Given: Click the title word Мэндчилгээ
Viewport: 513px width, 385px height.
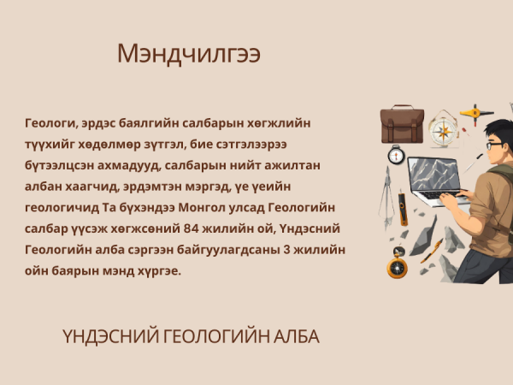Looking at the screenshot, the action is coord(189,54).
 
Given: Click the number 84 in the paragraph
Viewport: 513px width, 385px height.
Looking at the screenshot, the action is coord(191,228).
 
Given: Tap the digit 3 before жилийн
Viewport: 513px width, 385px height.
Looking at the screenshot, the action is coord(286,250).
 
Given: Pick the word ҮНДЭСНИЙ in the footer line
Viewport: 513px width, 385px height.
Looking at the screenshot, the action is coord(110,336).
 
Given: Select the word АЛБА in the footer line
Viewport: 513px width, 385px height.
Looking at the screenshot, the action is coord(296,336).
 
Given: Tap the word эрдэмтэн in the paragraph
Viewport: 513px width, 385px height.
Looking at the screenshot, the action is coord(150,187).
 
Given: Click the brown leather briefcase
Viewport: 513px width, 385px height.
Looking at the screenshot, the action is coord(402,124).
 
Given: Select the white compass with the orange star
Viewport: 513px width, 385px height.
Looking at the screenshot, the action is coord(443,130).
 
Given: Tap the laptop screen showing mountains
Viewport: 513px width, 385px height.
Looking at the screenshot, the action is coord(433,174).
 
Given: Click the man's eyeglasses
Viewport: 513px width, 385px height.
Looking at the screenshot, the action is coord(493,145).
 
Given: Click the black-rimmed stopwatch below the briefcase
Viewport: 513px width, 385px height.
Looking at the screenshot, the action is coord(396,155).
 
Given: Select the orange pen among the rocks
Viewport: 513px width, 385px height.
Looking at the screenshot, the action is coord(432,251).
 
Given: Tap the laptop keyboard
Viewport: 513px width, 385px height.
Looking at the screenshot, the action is coord(439,194).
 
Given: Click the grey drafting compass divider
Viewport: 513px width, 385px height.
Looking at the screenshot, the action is coord(387,198).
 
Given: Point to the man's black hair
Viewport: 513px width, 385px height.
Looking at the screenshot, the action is coord(498,128).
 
